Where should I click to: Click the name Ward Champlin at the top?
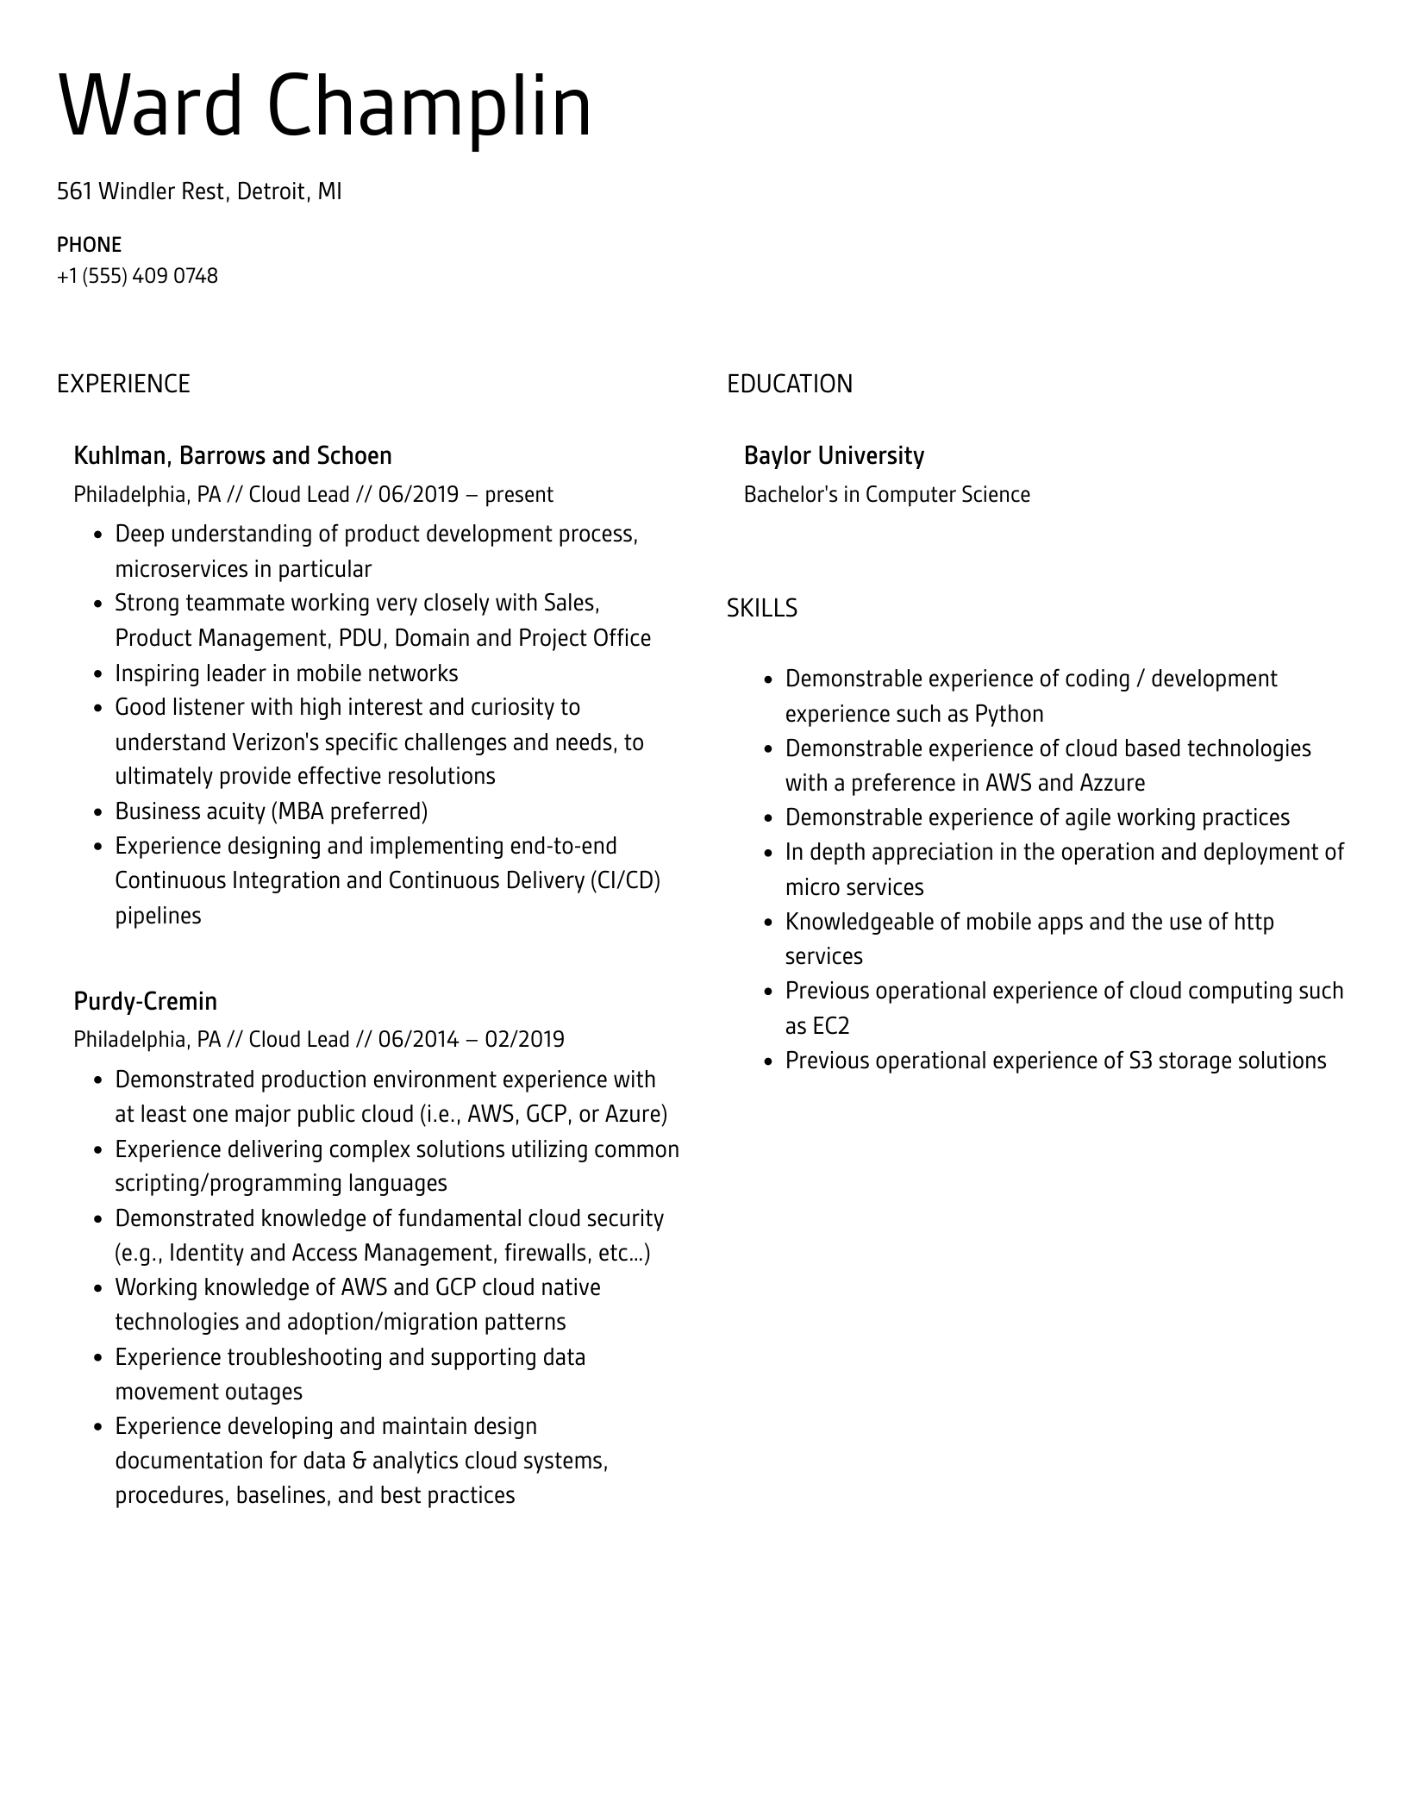click(324, 106)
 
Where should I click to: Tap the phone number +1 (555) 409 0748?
click(137, 276)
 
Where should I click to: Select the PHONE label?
click(89, 245)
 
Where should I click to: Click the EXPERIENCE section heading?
click(123, 384)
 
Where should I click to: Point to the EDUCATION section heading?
click(789, 384)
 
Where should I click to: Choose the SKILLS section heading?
click(761, 609)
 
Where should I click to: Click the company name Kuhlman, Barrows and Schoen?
click(232, 455)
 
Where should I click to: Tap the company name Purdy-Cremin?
click(145, 1001)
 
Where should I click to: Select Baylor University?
click(834, 455)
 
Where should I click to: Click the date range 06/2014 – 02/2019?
click(471, 1039)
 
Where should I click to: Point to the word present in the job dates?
click(518, 495)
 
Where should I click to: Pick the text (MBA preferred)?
click(349, 811)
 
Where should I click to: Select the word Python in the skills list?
click(1009, 714)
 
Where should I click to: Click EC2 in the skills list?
click(830, 1026)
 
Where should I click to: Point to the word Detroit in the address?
click(271, 191)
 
